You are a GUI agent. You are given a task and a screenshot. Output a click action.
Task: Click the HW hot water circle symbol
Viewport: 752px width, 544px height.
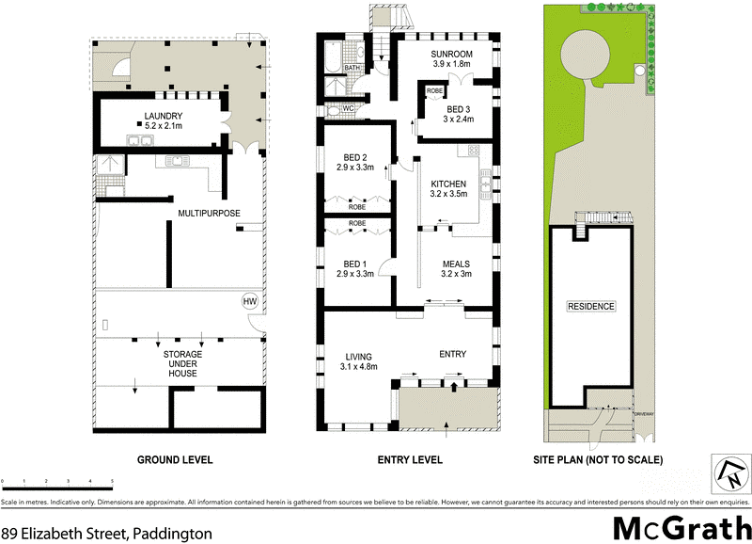coord(249,301)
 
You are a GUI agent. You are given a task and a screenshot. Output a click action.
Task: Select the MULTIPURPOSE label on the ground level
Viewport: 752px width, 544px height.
coord(210,215)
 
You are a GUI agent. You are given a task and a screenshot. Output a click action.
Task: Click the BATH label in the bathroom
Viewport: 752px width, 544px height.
coord(351,69)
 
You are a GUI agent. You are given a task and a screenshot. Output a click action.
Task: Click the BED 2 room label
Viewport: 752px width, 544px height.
coord(355,162)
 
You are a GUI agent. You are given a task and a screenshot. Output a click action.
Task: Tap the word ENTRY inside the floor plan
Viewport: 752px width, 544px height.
coord(452,354)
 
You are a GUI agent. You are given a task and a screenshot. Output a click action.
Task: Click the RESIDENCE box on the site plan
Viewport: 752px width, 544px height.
coord(590,307)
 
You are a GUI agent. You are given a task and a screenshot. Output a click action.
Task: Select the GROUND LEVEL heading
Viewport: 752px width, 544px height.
coord(175,460)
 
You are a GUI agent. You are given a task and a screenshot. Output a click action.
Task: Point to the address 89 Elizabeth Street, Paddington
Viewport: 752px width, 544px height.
coord(106,532)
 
